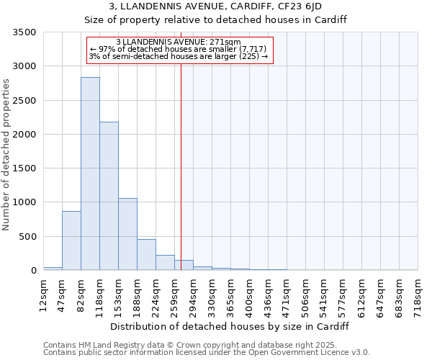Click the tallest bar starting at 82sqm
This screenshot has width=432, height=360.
coord(90,174)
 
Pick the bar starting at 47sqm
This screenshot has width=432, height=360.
coord(71,240)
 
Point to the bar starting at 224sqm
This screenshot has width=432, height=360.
coord(165,263)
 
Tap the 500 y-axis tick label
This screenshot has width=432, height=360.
coord(27,237)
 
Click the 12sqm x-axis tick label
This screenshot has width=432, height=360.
coord(44,296)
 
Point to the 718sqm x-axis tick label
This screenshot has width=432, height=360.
coord(418,296)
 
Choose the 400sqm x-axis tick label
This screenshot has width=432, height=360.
coord(250,296)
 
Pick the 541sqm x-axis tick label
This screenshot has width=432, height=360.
coord(325,296)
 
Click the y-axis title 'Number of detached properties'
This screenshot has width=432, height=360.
coord(7,155)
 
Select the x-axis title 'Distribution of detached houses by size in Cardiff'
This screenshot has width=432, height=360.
coord(230,326)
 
